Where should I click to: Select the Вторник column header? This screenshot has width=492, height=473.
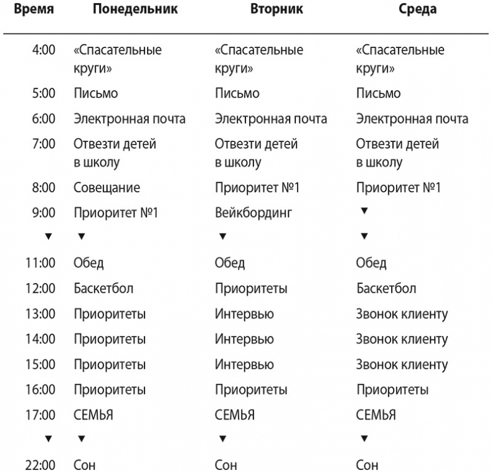[x=276, y=9]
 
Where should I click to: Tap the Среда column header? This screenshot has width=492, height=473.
[x=417, y=9]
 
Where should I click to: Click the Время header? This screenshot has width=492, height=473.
[x=33, y=9]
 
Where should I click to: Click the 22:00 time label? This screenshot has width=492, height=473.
[x=40, y=464]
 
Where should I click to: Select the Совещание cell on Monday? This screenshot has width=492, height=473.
[x=106, y=187]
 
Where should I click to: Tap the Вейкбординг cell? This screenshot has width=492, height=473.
[x=253, y=213]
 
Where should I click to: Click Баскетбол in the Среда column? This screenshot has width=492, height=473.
[x=386, y=289]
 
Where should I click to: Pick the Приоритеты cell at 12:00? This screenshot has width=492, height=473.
[x=250, y=289]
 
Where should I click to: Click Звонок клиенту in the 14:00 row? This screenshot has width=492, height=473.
[x=402, y=339]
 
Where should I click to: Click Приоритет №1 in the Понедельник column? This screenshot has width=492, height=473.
[x=116, y=213]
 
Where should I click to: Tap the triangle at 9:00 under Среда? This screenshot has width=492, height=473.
[x=364, y=211]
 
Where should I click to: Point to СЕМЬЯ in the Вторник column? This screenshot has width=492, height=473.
[x=234, y=414]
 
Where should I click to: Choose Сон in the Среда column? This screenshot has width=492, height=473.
[x=367, y=464]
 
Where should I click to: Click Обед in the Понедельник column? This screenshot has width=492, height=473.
[x=89, y=263]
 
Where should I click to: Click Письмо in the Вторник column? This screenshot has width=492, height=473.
[x=237, y=93]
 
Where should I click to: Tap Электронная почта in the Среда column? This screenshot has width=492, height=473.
[x=412, y=119]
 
